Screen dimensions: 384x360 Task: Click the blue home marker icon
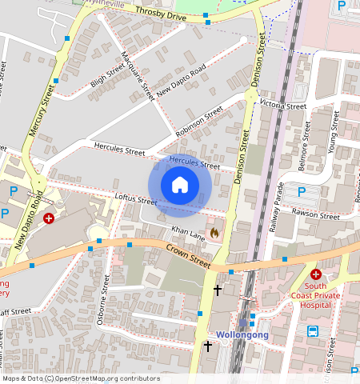click(x=180, y=186)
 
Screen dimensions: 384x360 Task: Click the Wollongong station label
click(x=242, y=335)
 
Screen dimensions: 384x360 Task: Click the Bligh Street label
click(x=108, y=78)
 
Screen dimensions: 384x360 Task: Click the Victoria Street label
click(x=283, y=106)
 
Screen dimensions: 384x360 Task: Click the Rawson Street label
click(x=317, y=215)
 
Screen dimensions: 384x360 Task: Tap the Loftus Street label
click(x=135, y=200)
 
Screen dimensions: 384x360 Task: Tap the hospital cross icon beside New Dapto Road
click(x=49, y=218)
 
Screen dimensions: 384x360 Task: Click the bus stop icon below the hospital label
click(x=313, y=330)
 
